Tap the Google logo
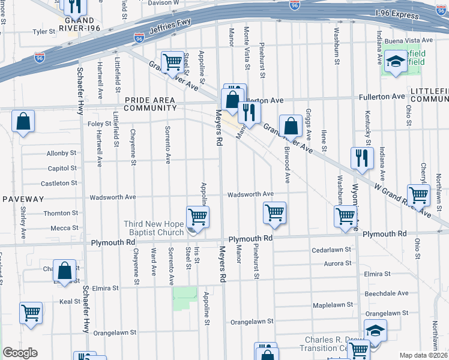[20, 353]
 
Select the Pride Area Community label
[150, 104]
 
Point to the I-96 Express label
[396, 12]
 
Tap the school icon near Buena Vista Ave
[396, 61]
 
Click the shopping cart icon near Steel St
[173, 61]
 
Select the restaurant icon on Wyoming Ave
[361, 158]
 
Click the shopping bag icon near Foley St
[23, 122]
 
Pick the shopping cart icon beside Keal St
[31, 313]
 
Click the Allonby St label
[62, 154]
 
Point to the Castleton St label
[59, 183]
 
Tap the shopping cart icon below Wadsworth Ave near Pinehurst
[274, 213]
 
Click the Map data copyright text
[423, 355]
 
